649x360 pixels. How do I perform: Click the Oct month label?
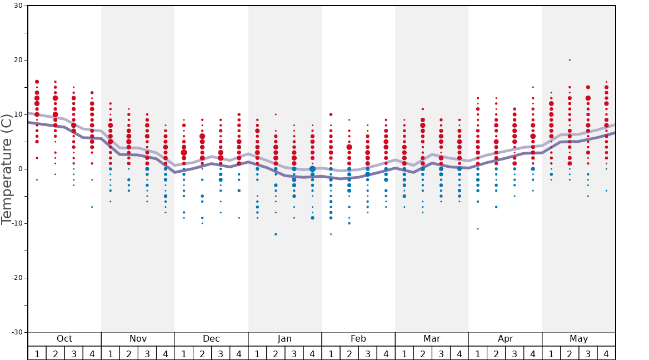(64, 339)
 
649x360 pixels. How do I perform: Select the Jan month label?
(284, 339)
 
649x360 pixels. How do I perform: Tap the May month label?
(578, 339)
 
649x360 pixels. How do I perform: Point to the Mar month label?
(432, 339)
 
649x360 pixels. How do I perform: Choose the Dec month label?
(211, 339)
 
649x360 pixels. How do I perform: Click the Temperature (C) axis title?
(7, 169)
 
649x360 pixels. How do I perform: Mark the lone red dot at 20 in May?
(570, 60)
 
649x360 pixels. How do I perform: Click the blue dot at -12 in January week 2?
(276, 234)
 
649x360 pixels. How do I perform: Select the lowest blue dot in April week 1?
(478, 229)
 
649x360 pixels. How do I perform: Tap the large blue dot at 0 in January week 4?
(312, 169)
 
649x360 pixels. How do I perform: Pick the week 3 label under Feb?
(367, 353)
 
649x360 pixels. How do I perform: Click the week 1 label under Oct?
(37, 353)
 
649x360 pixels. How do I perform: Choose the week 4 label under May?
(606, 353)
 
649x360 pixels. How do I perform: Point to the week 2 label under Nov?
(129, 353)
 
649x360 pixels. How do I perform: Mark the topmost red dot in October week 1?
(37, 82)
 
